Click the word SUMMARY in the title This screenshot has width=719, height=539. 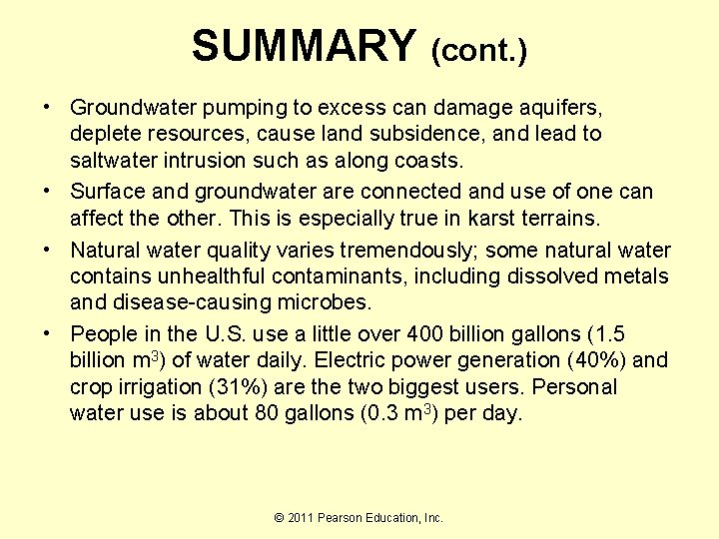303,46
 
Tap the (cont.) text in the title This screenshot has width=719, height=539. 478,49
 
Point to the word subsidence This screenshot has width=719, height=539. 391,134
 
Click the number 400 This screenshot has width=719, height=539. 406,334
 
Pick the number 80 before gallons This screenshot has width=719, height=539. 266,413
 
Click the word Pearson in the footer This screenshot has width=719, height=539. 344,517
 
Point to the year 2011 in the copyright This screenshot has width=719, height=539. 301,517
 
